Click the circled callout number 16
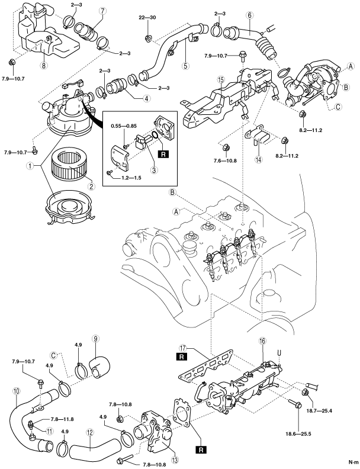click(x=262, y=341)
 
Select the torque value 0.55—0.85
click(x=124, y=126)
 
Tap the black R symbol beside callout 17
click(x=180, y=357)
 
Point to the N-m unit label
click(x=353, y=461)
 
